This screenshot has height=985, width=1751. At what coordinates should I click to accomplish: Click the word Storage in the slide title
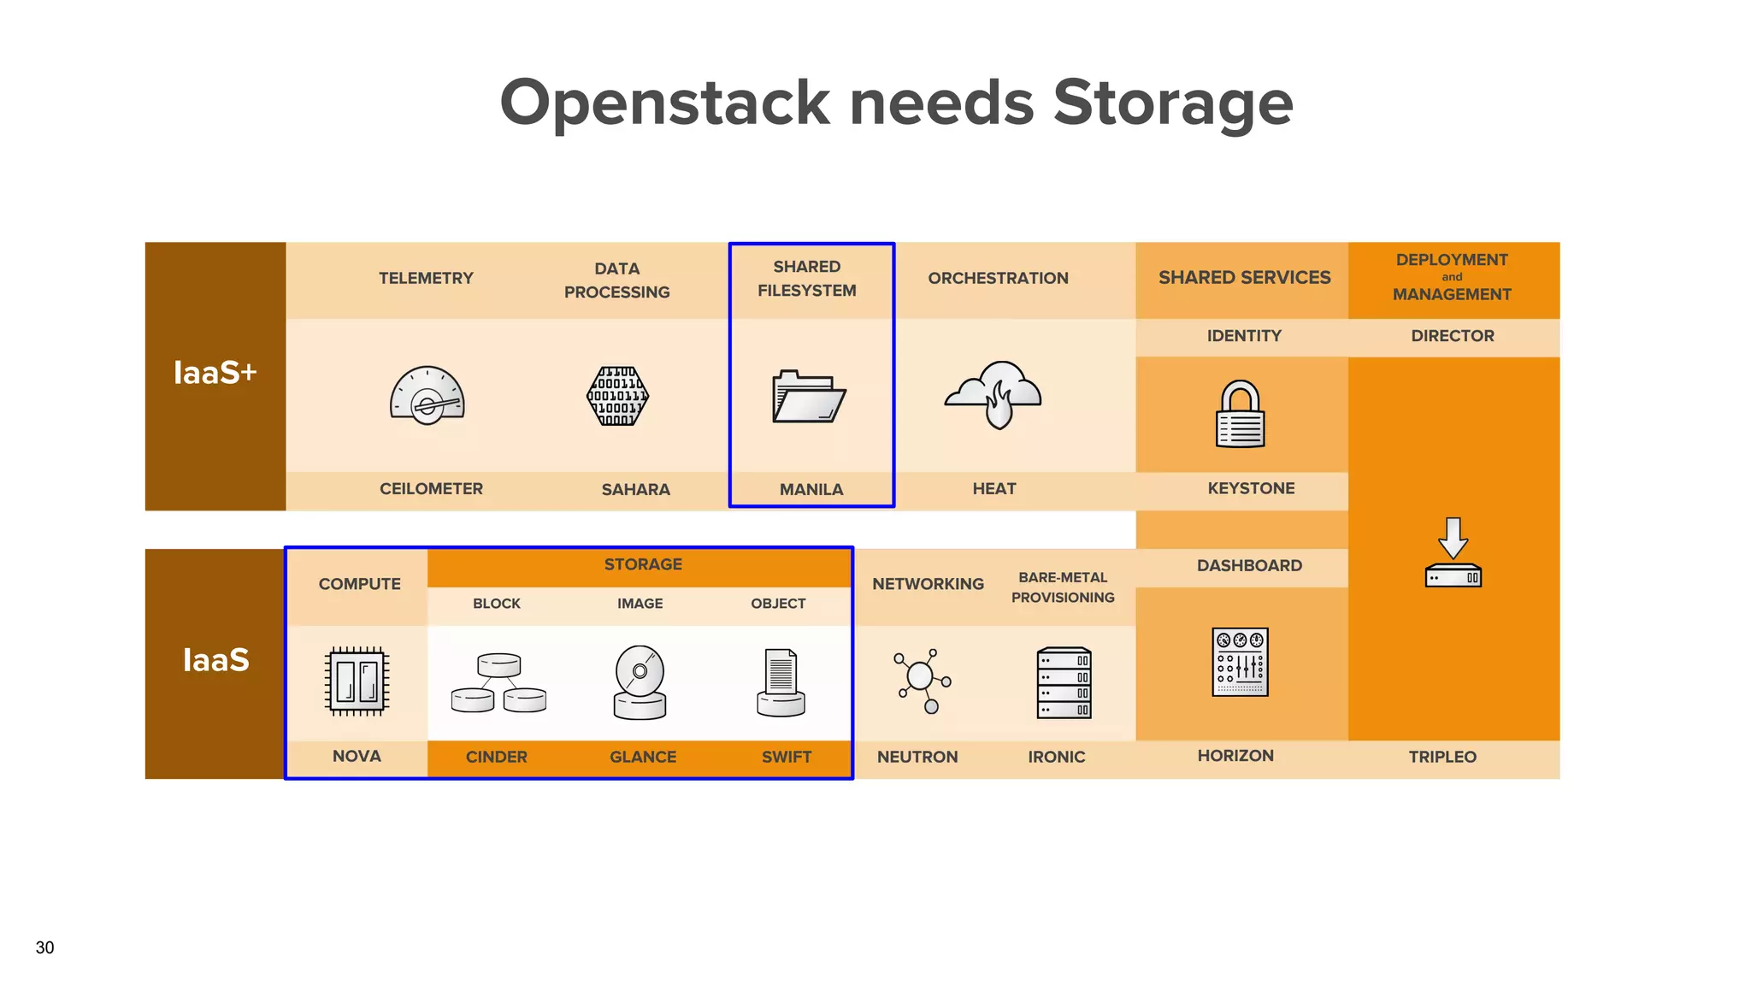tap(1172, 103)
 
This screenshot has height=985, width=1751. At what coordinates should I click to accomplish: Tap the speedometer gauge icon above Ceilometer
tap(427, 396)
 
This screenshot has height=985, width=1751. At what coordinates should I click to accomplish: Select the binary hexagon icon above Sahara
tap(617, 396)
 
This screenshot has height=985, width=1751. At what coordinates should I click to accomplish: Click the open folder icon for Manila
tap(808, 397)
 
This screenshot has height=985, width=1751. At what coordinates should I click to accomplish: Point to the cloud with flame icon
tap(993, 394)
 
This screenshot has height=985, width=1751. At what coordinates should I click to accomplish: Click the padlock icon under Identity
tap(1240, 415)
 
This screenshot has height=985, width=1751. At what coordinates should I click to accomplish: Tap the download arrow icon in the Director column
tap(1453, 552)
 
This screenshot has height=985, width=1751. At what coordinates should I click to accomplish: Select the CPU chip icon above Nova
tap(357, 681)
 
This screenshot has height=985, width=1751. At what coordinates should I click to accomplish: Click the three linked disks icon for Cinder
tap(498, 683)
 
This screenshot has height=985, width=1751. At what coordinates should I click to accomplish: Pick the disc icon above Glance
tap(640, 682)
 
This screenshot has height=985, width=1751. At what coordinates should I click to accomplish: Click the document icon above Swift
tap(781, 682)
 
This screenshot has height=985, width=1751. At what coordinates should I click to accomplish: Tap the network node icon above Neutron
tap(922, 681)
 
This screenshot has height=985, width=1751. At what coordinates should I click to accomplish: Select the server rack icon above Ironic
tap(1064, 682)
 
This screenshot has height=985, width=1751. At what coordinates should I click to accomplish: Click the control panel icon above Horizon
tap(1240, 662)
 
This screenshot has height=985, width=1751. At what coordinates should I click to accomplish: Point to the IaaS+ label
tap(215, 373)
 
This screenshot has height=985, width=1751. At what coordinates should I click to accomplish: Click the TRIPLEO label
tap(1442, 757)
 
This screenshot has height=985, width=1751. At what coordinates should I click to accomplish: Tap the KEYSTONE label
tap(1251, 488)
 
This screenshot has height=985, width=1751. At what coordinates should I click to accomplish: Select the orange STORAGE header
tap(643, 564)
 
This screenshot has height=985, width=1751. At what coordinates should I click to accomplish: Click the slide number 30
tap(44, 947)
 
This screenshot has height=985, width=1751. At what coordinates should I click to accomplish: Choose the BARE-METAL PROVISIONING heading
tap(1063, 587)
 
